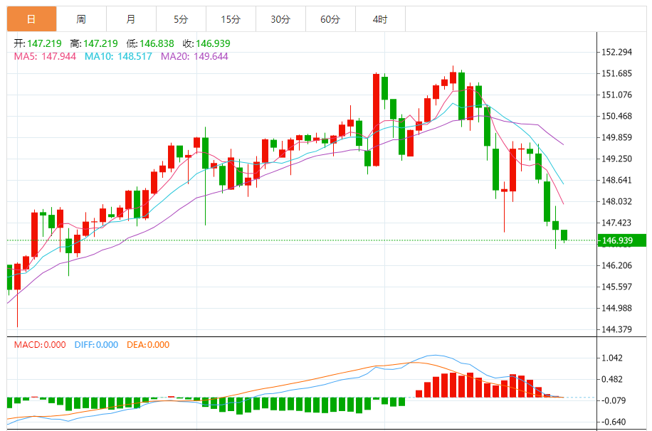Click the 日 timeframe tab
pos(32,19)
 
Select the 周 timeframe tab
pos(81,19)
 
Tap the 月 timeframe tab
pos(131,19)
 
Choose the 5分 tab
pos(181,19)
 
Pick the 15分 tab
pos(231,19)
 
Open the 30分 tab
pos(280,19)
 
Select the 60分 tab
pos(330,19)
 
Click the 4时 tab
pos(380,19)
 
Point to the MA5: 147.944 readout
pos(46,56)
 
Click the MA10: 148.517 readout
pos(118,56)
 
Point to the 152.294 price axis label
pos(617,52)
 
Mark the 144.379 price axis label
pos(617,329)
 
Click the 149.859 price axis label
pos(617,137)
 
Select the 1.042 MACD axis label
pos(612,358)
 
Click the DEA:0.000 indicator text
pos(148,345)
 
